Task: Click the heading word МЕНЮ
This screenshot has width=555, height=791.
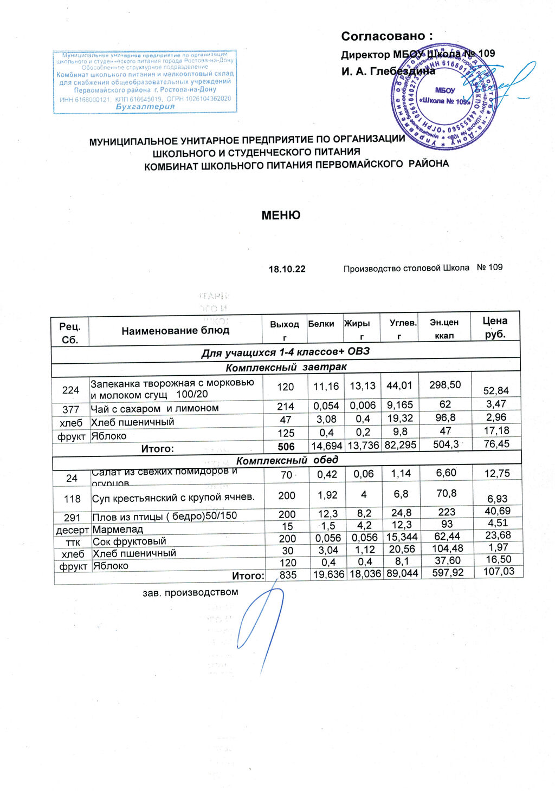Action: tap(281, 215)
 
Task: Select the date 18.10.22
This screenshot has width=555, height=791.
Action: tap(287, 269)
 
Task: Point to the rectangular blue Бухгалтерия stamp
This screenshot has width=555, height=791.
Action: tap(145, 82)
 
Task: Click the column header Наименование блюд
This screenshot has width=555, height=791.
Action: tap(175, 330)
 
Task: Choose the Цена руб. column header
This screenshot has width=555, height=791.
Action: tap(495, 327)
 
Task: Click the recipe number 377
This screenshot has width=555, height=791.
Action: tap(71, 409)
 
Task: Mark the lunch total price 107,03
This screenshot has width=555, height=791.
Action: tap(499, 571)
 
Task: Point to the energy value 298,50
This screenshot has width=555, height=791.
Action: tap(445, 385)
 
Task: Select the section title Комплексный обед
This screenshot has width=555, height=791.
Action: tap(287, 460)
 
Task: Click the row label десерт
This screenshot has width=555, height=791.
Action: tap(73, 529)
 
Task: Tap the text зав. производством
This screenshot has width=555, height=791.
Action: tap(190, 592)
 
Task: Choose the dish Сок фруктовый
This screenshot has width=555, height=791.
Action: tap(130, 541)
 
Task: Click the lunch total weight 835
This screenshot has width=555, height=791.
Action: tap(288, 575)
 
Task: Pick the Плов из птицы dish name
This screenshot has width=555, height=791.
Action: tap(165, 515)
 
